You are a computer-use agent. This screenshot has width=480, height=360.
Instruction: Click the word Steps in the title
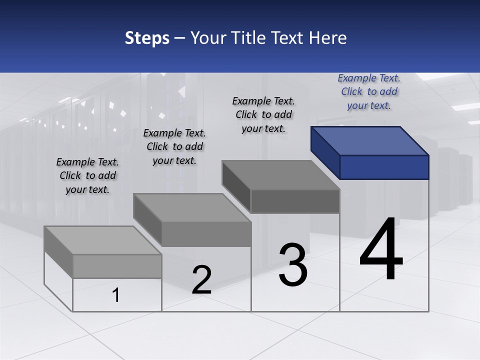147,38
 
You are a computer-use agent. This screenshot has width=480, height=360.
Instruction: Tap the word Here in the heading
327,38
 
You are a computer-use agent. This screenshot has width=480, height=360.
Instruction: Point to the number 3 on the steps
293,265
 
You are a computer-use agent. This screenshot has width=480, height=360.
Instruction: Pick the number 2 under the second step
201,280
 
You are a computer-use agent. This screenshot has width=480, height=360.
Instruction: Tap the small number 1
116,295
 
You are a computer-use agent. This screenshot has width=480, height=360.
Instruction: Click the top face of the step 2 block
192,208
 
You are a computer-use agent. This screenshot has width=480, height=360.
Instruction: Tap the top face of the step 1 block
103,240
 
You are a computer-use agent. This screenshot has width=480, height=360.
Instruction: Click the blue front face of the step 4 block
384,167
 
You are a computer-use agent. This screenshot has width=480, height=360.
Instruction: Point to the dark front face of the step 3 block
295,201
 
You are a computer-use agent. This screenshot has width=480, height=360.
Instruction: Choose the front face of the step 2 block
206,234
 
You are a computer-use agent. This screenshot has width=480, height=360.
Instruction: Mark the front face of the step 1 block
117,266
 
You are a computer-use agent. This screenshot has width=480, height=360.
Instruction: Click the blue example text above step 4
369,91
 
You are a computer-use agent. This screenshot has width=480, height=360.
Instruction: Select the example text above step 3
263,114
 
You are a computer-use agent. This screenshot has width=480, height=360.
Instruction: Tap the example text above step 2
174,146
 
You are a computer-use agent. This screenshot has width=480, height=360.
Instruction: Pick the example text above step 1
87,175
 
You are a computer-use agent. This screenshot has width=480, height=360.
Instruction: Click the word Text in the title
289,38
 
